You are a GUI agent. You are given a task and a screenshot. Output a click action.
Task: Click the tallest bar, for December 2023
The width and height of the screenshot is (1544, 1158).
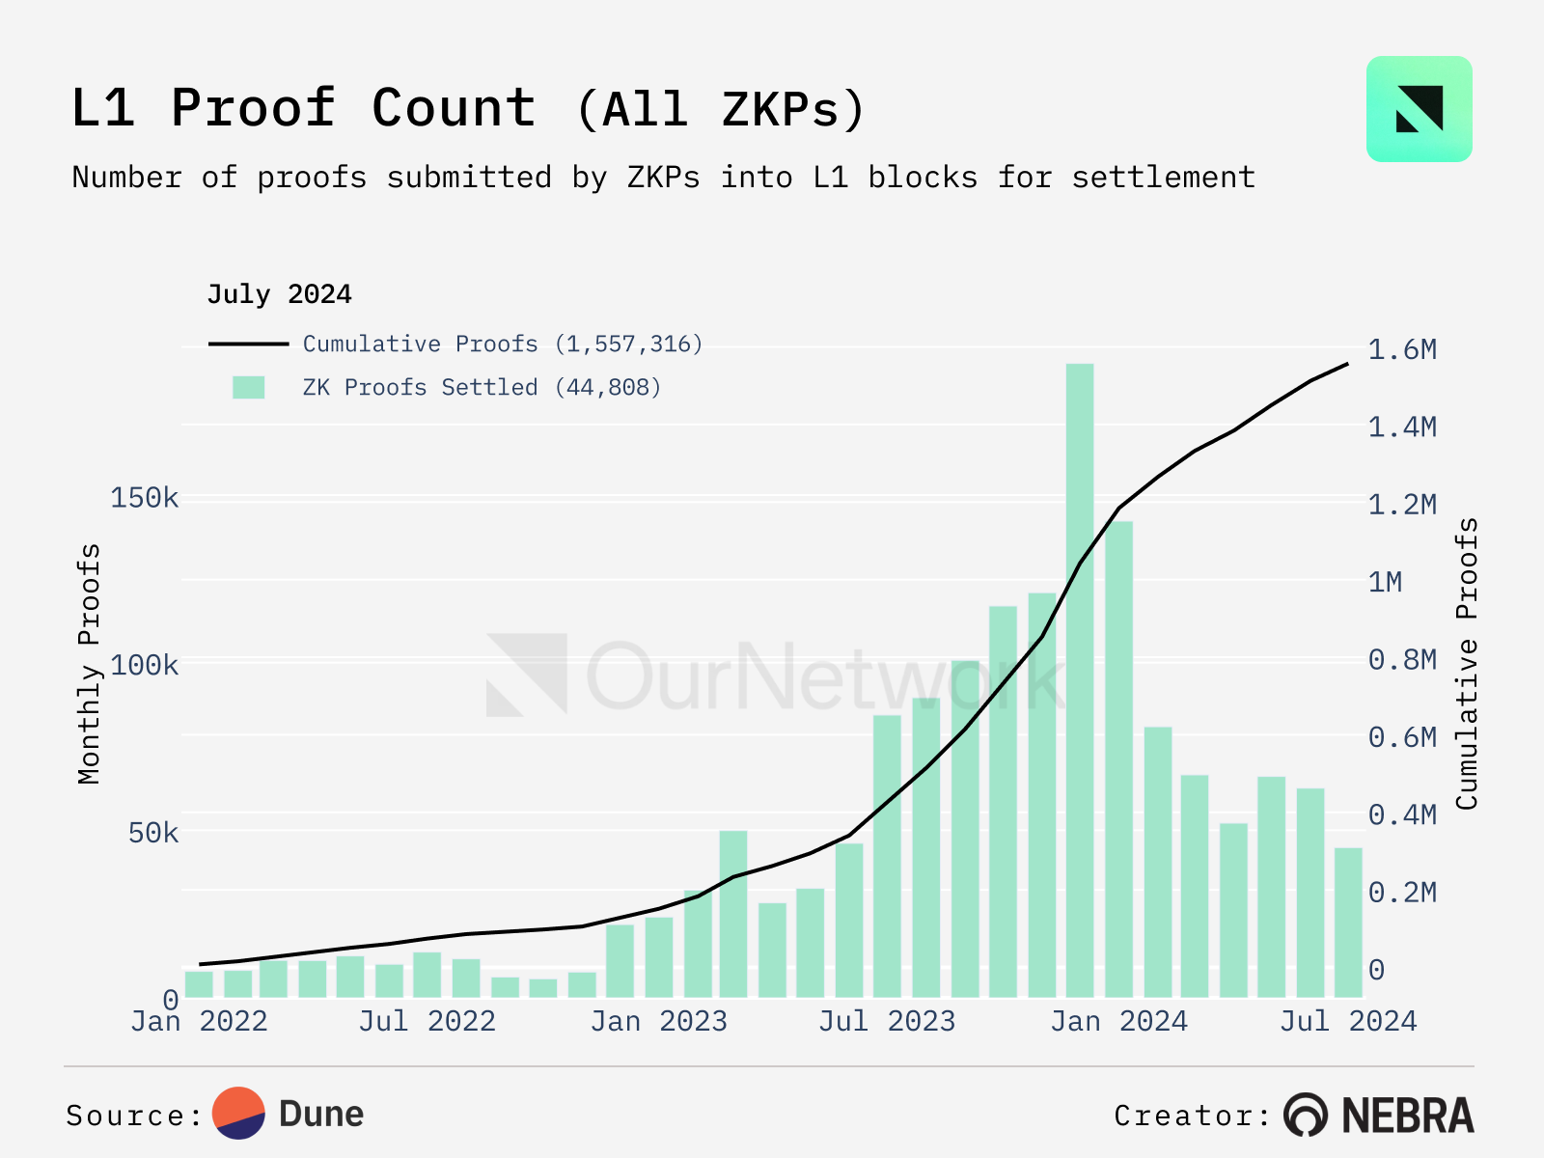(x=1080, y=675)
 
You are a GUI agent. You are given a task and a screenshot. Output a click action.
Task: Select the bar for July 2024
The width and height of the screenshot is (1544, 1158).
(x=1348, y=922)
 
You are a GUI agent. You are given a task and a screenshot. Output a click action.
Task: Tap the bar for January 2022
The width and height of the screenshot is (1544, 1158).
(x=199, y=983)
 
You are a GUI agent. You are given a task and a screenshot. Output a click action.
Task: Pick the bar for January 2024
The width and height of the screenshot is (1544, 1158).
(x=1118, y=758)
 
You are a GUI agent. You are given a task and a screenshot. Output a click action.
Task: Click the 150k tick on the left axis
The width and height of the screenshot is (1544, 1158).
(x=144, y=498)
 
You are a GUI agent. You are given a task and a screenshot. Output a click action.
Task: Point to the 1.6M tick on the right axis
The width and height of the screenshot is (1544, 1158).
(x=1402, y=349)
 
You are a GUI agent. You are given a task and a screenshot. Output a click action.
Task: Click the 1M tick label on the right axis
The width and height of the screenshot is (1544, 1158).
(x=1386, y=582)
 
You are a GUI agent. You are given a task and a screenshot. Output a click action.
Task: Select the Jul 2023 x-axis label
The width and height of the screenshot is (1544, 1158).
(x=887, y=1021)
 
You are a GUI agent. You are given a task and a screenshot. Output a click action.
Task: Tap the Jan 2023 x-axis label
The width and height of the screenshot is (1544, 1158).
(x=659, y=1021)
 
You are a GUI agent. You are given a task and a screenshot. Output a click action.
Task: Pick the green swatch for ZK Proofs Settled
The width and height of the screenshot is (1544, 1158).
(x=248, y=387)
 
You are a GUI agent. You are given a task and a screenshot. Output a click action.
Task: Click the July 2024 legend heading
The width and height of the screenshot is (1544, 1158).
(x=279, y=293)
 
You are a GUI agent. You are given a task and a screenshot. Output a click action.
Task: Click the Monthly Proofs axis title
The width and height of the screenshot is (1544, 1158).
(x=89, y=664)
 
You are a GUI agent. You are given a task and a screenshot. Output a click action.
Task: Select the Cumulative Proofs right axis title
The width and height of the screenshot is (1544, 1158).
(x=1468, y=664)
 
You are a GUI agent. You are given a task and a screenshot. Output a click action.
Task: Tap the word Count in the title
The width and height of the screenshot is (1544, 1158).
(x=454, y=108)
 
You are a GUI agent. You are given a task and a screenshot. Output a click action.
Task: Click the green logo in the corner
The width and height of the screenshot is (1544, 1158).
(x=1419, y=109)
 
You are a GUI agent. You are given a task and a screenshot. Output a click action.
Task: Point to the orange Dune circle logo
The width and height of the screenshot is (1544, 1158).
(x=238, y=1113)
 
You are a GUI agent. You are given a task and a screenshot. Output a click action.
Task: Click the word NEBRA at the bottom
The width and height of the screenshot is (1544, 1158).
(x=1408, y=1116)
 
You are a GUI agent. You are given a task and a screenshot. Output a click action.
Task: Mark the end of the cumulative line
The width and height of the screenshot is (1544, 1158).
(x=1348, y=364)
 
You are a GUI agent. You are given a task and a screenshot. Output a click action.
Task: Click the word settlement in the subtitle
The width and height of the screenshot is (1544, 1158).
(x=1163, y=178)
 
